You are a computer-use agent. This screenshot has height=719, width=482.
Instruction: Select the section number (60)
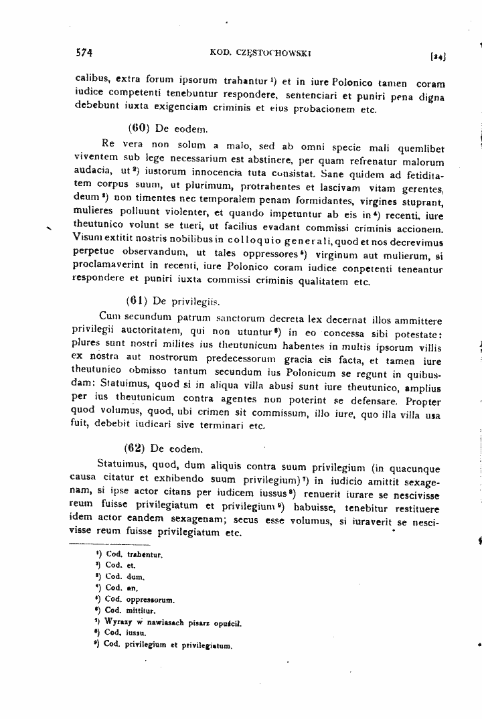pyautogui.click(x=137, y=127)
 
